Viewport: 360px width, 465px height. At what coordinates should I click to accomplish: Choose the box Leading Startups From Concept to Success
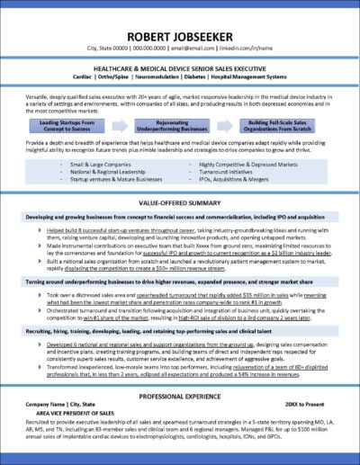[x=75, y=124]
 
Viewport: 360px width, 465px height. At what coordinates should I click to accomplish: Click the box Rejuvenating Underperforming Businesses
[x=179, y=124]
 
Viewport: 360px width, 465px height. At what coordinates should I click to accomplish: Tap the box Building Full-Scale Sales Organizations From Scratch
[x=283, y=124]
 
